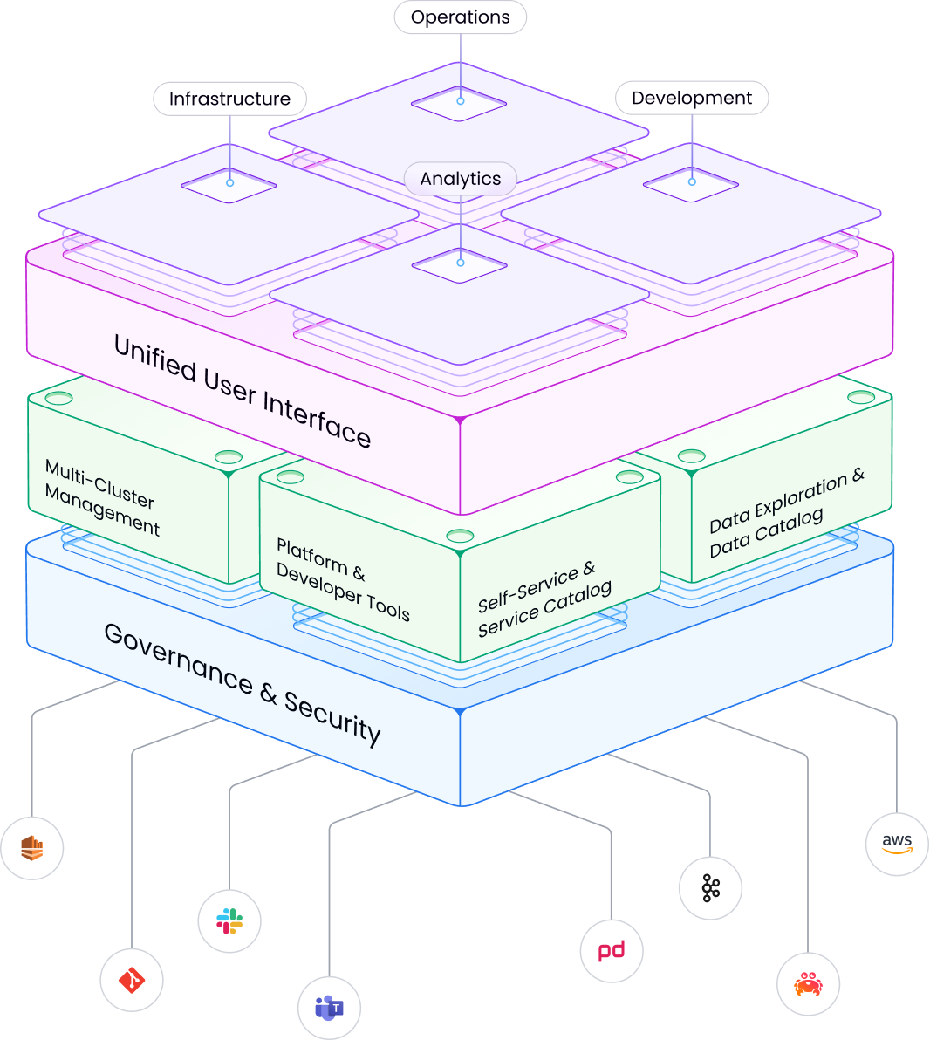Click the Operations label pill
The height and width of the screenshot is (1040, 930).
coord(460,17)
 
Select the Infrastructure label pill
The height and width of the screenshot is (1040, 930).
coord(229,99)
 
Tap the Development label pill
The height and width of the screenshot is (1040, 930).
coord(691,99)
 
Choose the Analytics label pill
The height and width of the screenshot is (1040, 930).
coord(460,180)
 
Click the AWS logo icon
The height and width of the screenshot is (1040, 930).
coord(896,844)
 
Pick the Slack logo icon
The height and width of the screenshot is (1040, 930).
coord(229,920)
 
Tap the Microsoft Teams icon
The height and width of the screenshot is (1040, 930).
coord(329,1008)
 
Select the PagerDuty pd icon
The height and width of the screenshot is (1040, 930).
coord(612,950)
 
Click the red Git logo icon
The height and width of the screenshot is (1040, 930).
coord(132,980)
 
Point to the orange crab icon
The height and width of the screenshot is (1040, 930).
coord(808,984)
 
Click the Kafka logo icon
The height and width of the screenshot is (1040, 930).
coord(710,888)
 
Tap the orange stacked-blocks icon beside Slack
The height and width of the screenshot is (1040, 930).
coord(32,847)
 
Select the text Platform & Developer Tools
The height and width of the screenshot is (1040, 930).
coord(342,578)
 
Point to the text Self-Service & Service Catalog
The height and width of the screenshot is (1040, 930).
coord(544,598)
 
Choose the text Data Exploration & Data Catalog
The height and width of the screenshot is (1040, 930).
coord(785,511)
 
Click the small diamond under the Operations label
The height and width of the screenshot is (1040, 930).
coord(460,102)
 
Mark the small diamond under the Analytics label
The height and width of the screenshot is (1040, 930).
coord(460,263)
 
